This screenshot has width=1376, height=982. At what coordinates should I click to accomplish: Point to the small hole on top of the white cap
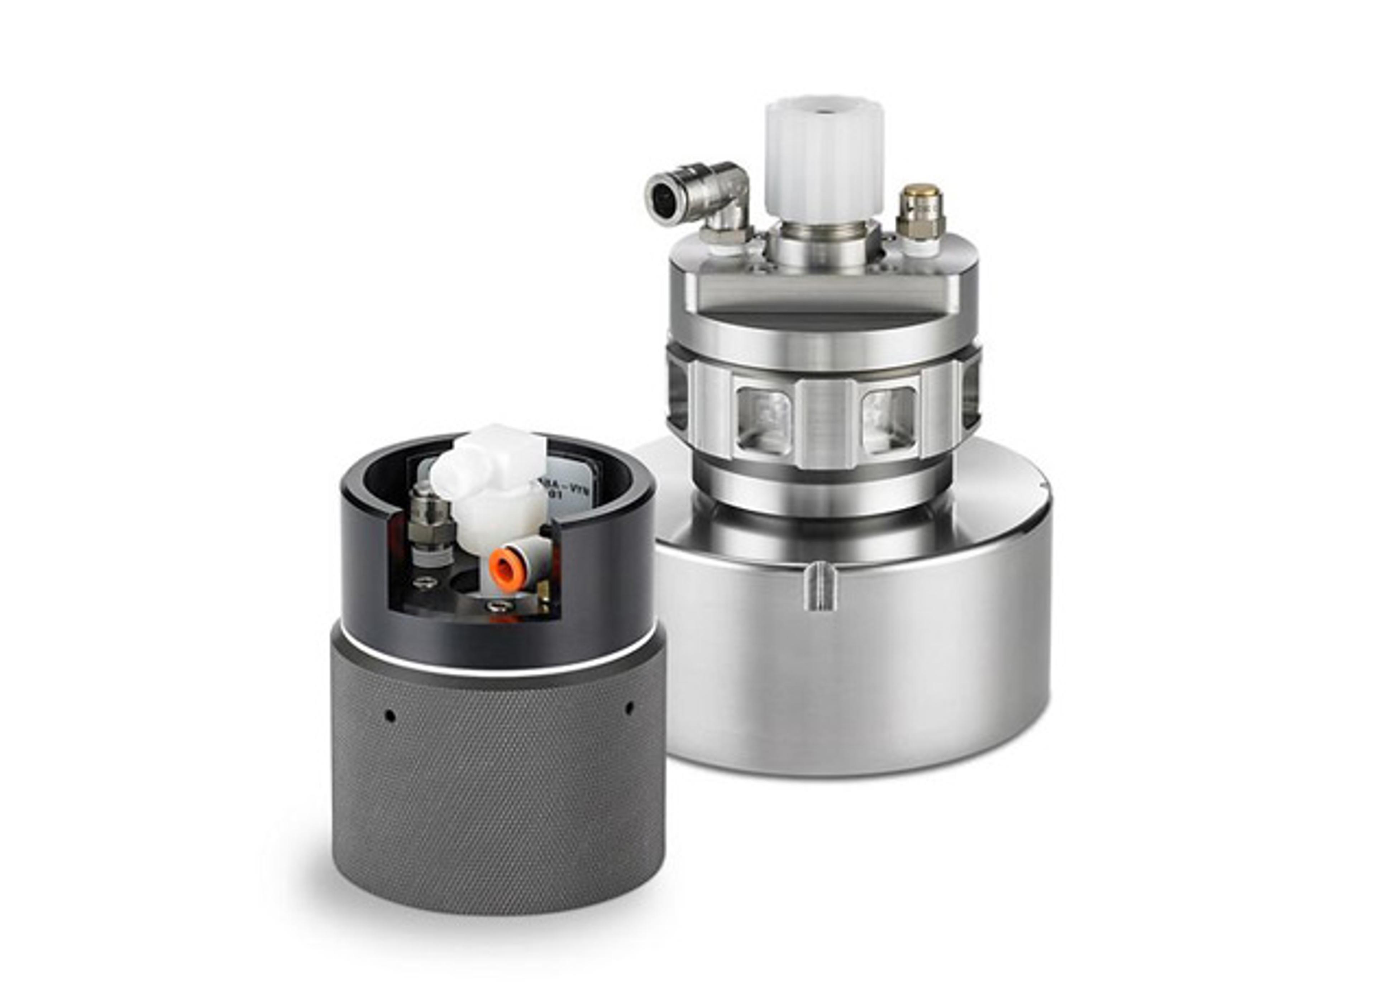point(823,111)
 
